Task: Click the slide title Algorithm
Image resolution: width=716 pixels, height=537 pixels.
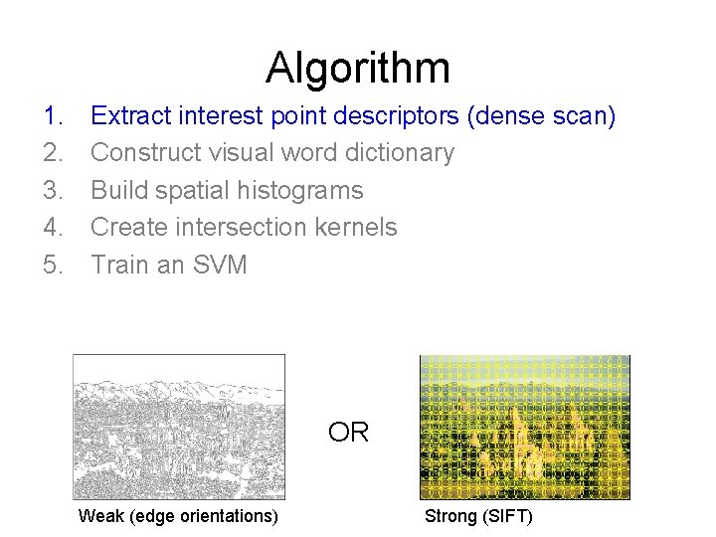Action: tap(358, 68)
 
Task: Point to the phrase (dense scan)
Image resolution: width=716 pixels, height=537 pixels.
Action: tap(542, 116)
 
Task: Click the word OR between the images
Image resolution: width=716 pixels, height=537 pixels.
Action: tap(348, 433)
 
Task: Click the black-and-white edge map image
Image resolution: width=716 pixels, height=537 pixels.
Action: tap(179, 427)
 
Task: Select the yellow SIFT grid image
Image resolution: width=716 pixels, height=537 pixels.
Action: tap(524, 427)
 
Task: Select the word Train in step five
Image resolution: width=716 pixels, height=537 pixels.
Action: tap(117, 265)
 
